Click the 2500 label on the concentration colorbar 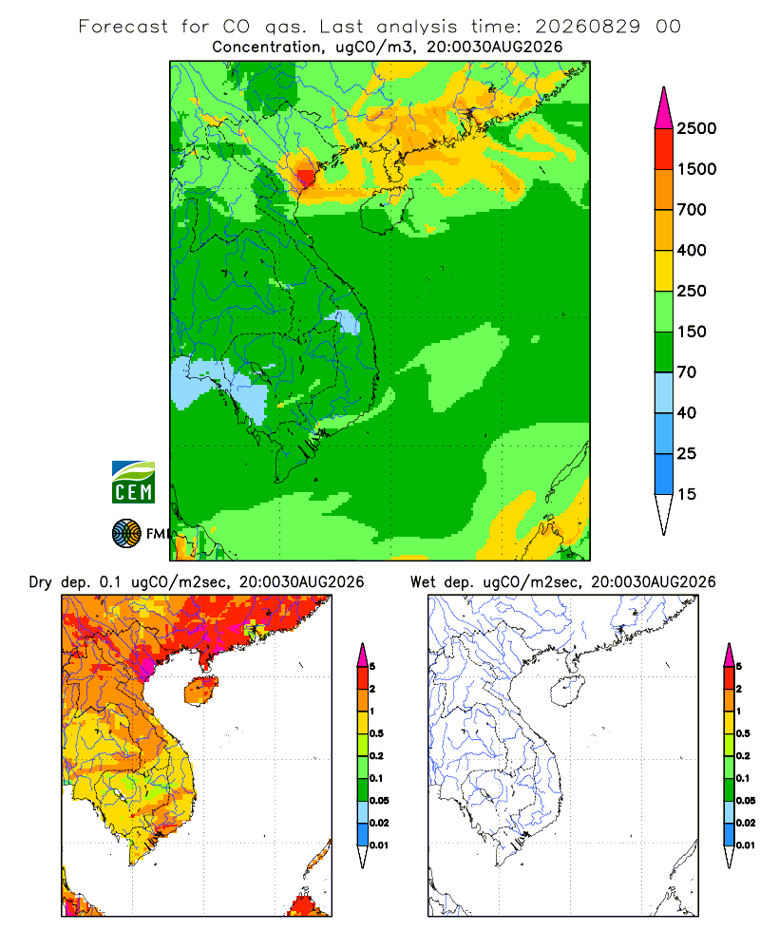pos(696,128)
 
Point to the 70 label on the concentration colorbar pos(687,372)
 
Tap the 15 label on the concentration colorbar pos(687,494)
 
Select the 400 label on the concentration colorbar pos(692,250)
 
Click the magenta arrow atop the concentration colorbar pos(664,109)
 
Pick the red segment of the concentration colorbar pos(664,148)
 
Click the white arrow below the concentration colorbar pos(664,514)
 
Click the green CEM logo pos(133,483)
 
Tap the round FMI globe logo pos(126,534)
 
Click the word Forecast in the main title pos(123,27)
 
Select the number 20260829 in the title pos(587,27)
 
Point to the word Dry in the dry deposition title pos(41,582)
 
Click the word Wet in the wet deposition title pos(423,582)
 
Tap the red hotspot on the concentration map pos(306,177)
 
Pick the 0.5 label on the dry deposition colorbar pos(376,733)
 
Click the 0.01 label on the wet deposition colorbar pos(746,845)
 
